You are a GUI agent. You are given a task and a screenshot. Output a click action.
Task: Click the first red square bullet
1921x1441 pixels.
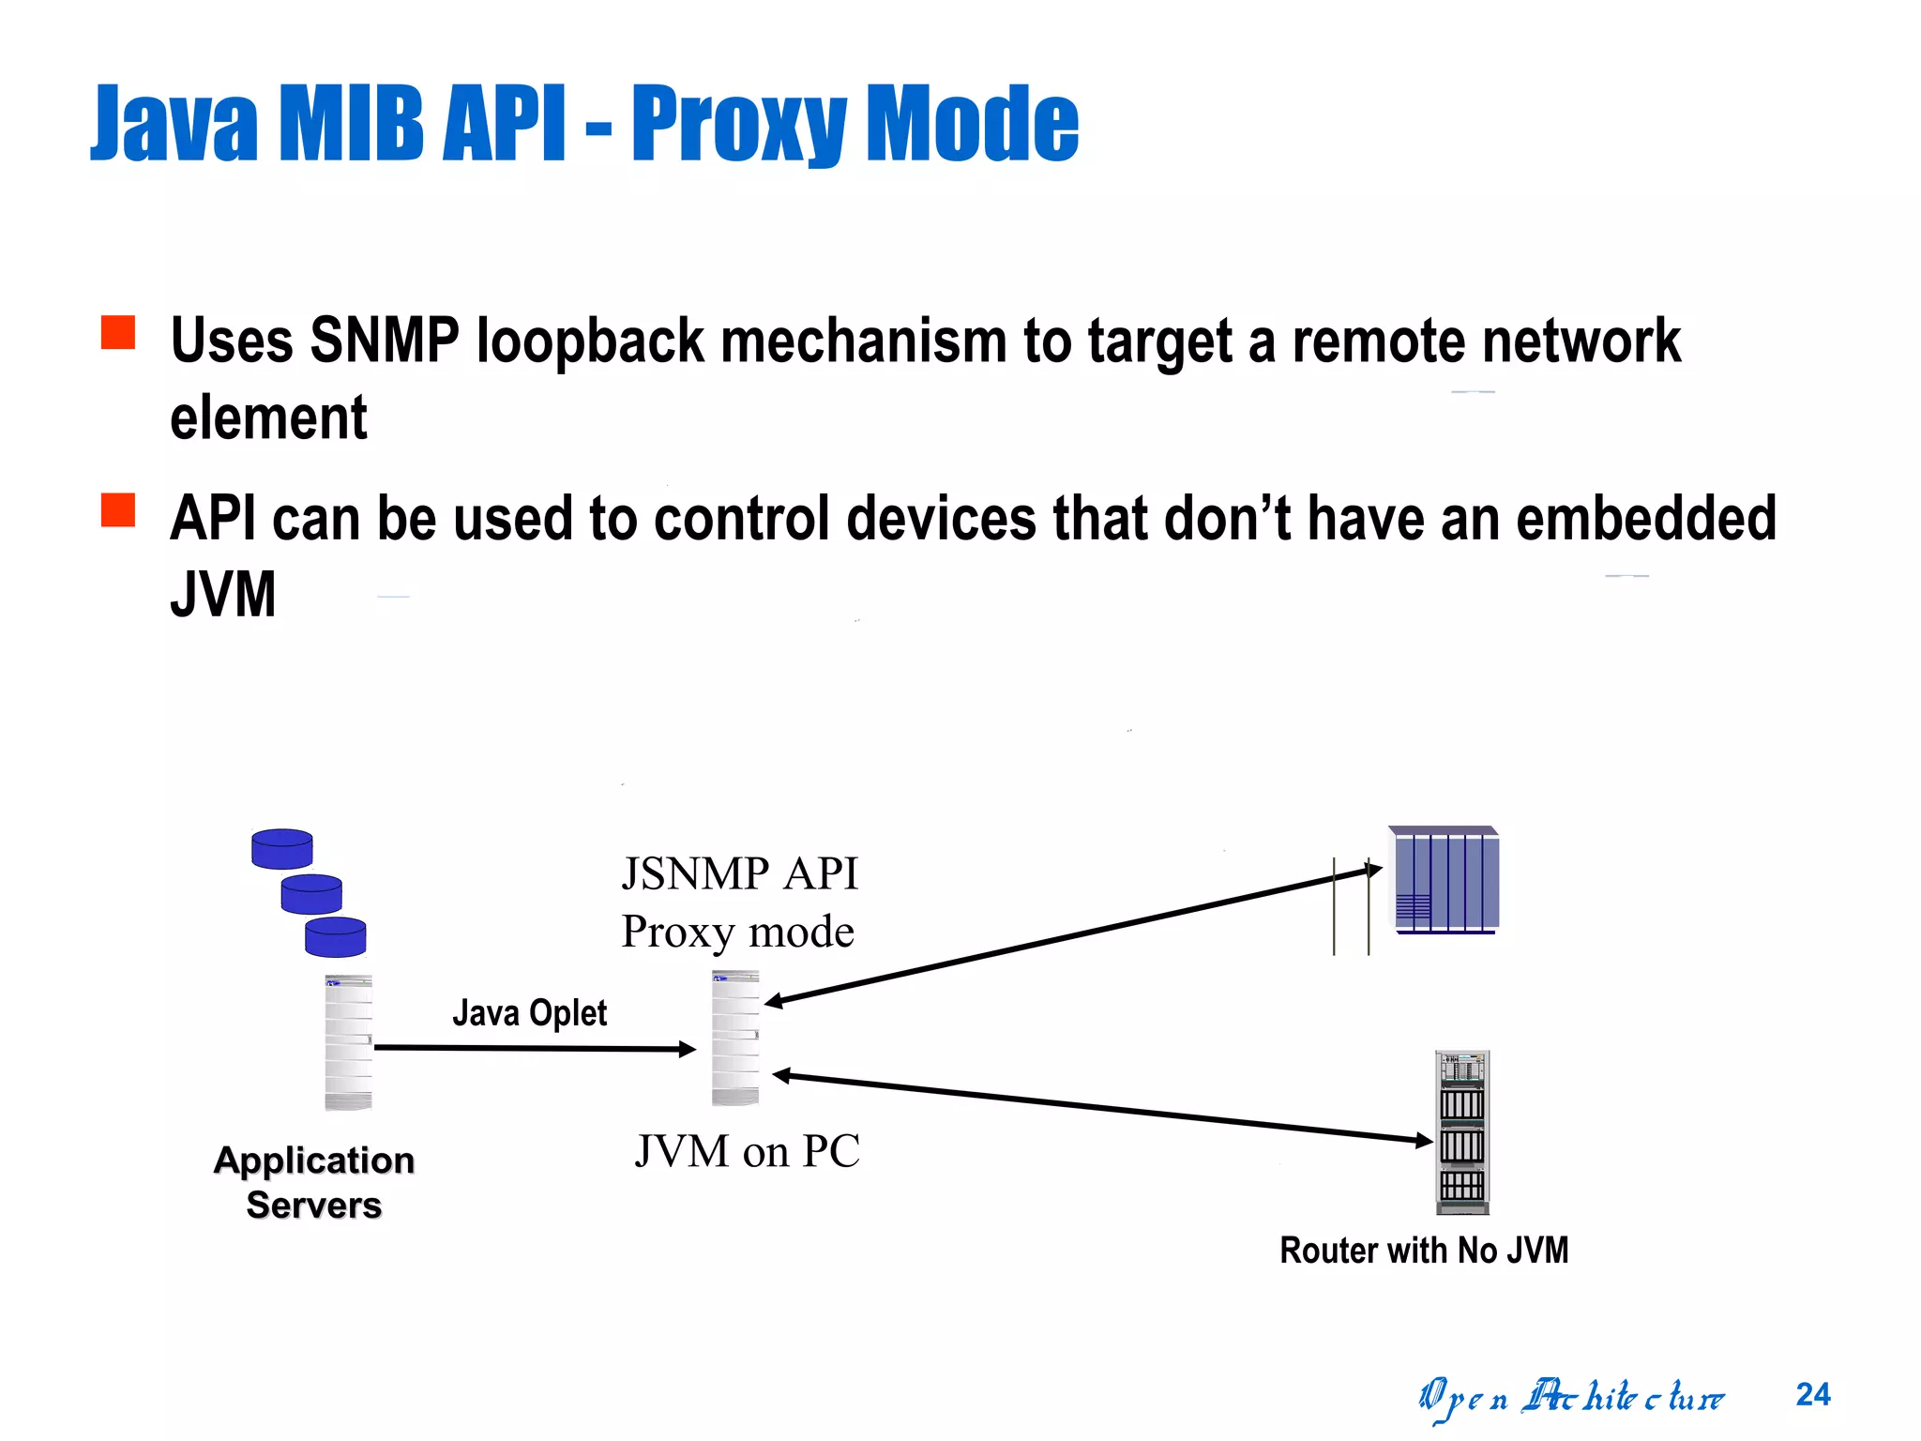coord(118,332)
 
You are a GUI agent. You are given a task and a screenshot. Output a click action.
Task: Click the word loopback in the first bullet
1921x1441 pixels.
coord(589,341)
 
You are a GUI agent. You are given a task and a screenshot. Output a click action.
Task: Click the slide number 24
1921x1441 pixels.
coord(1812,1394)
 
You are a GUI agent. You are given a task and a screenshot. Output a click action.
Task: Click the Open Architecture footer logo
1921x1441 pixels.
coord(1570,1397)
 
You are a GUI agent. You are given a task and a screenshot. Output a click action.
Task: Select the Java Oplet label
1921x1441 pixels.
coord(529,1013)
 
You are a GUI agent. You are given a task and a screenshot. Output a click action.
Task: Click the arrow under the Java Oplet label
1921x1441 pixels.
coord(535,1048)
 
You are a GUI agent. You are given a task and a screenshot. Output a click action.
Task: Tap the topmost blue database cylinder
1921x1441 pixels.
coord(281,849)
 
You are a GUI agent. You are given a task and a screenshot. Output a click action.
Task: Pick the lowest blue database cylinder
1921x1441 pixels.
coord(335,936)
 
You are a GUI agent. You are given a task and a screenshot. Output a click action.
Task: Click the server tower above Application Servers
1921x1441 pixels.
coord(348,1042)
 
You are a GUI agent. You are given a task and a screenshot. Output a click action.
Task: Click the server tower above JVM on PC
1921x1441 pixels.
coord(735,1038)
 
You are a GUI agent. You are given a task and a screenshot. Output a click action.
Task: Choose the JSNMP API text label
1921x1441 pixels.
coord(739,873)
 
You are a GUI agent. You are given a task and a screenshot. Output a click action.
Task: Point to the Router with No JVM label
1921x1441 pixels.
coord(1423,1251)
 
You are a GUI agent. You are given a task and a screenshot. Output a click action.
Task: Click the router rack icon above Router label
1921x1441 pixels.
coord(1462,1131)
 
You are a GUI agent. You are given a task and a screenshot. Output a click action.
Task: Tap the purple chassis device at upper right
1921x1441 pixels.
coord(1445,880)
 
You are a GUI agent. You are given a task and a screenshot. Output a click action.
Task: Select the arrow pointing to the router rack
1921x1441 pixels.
coord(1102,1108)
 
